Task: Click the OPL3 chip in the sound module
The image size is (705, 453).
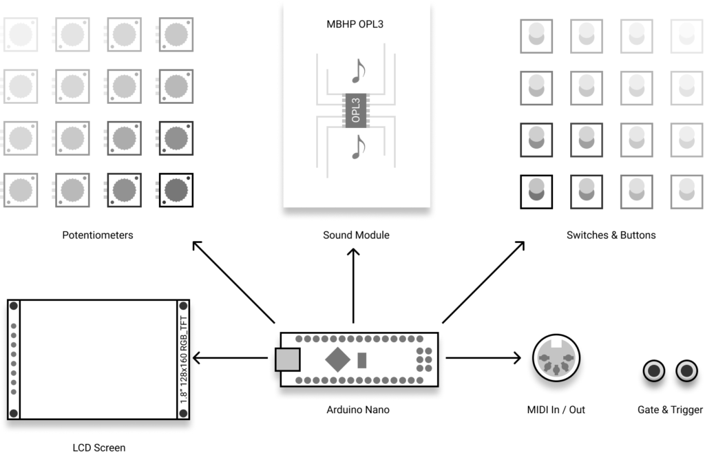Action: [x=356, y=111]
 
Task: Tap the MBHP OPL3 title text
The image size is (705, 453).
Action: [x=355, y=24]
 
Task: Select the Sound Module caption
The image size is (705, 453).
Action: [x=356, y=235]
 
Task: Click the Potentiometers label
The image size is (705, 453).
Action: [x=98, y=235]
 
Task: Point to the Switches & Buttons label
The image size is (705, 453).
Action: [x=611, y=235]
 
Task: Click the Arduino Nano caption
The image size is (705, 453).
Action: [x=358, y=410]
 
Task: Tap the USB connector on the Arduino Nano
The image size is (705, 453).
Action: [x=288, y=359]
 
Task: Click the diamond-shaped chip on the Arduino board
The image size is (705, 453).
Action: [x=337, y=359]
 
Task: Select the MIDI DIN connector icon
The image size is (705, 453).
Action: [x=556, y=358]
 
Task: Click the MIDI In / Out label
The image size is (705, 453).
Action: [x=556, y=410]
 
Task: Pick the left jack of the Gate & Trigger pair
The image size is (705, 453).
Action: [x=654, y=371]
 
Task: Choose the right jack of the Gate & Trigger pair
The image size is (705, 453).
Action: [x=686, y=371]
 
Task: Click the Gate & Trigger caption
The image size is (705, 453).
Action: [x=670, y=410]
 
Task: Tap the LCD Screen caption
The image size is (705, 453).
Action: [x=99, y=447]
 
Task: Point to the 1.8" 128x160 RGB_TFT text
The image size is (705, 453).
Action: [x=183, y=359]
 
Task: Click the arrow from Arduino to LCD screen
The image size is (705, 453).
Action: [x=230, y=358]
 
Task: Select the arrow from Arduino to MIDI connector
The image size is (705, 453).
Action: [x=483, y=358]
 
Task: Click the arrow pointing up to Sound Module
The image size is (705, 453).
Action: [x=353, y=286]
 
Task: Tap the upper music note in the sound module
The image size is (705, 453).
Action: [x=358, y=71]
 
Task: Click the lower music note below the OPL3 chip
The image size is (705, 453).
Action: [x=358, y=147]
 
